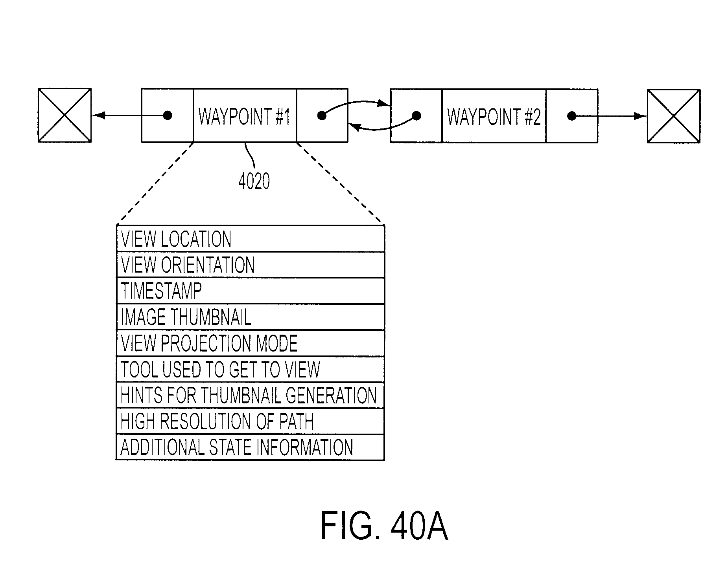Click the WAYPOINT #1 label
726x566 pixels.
244,116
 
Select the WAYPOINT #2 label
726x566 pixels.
494,117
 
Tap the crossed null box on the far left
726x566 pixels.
64,115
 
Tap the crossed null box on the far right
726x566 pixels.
674,116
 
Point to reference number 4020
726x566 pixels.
254,181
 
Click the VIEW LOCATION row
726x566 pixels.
251,239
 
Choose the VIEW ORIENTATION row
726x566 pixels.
251,265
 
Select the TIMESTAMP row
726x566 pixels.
251,291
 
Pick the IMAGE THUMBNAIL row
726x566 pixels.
251,317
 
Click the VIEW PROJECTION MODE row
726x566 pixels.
251,343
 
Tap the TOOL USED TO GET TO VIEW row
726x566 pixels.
251,369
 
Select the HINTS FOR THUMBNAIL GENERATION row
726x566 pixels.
251,395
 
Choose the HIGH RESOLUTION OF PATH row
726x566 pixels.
251,421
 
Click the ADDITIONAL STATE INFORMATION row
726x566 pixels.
251,447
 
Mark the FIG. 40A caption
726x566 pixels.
384,526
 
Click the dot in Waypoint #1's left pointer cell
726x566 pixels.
168,115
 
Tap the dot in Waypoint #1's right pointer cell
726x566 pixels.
322,115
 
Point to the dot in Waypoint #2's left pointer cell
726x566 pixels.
416,116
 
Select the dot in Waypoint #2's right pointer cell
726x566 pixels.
572,116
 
